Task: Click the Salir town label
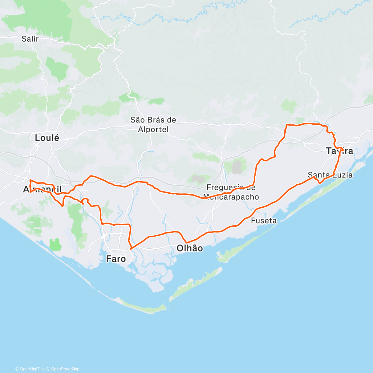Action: pos(30,39)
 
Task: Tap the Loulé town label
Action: pos(47,138)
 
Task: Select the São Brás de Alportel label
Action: pos(153,124)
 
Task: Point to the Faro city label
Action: pos(116,259)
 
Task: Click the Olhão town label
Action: pos(190,248)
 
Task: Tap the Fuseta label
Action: pos(264,221)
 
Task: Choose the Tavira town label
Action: pos(339,151)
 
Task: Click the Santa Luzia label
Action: pos(330,175)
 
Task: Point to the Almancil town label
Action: pos(43,189)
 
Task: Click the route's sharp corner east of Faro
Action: pos(131,249)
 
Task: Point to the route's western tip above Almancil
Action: pos(30,180)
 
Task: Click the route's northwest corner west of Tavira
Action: pos(286,125)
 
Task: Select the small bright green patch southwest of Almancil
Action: pos(55,244)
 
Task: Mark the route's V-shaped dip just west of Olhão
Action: pos(186,242)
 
